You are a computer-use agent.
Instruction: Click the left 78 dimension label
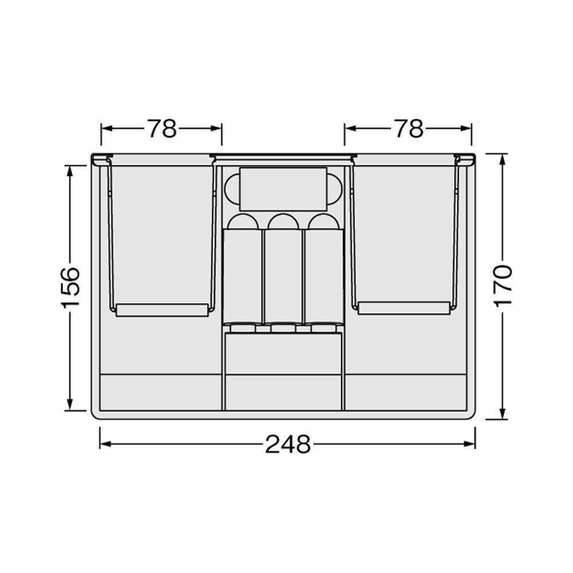[162, 128]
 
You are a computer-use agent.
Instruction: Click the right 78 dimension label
[409, 128]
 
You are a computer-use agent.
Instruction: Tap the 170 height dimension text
[503, 286]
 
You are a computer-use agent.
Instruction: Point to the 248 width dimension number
[288, 444]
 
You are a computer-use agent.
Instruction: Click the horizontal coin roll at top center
[283, 189]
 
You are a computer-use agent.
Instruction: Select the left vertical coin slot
[242, 276]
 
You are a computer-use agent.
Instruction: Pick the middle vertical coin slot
[283, 276]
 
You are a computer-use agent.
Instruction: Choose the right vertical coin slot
[324, 276]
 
